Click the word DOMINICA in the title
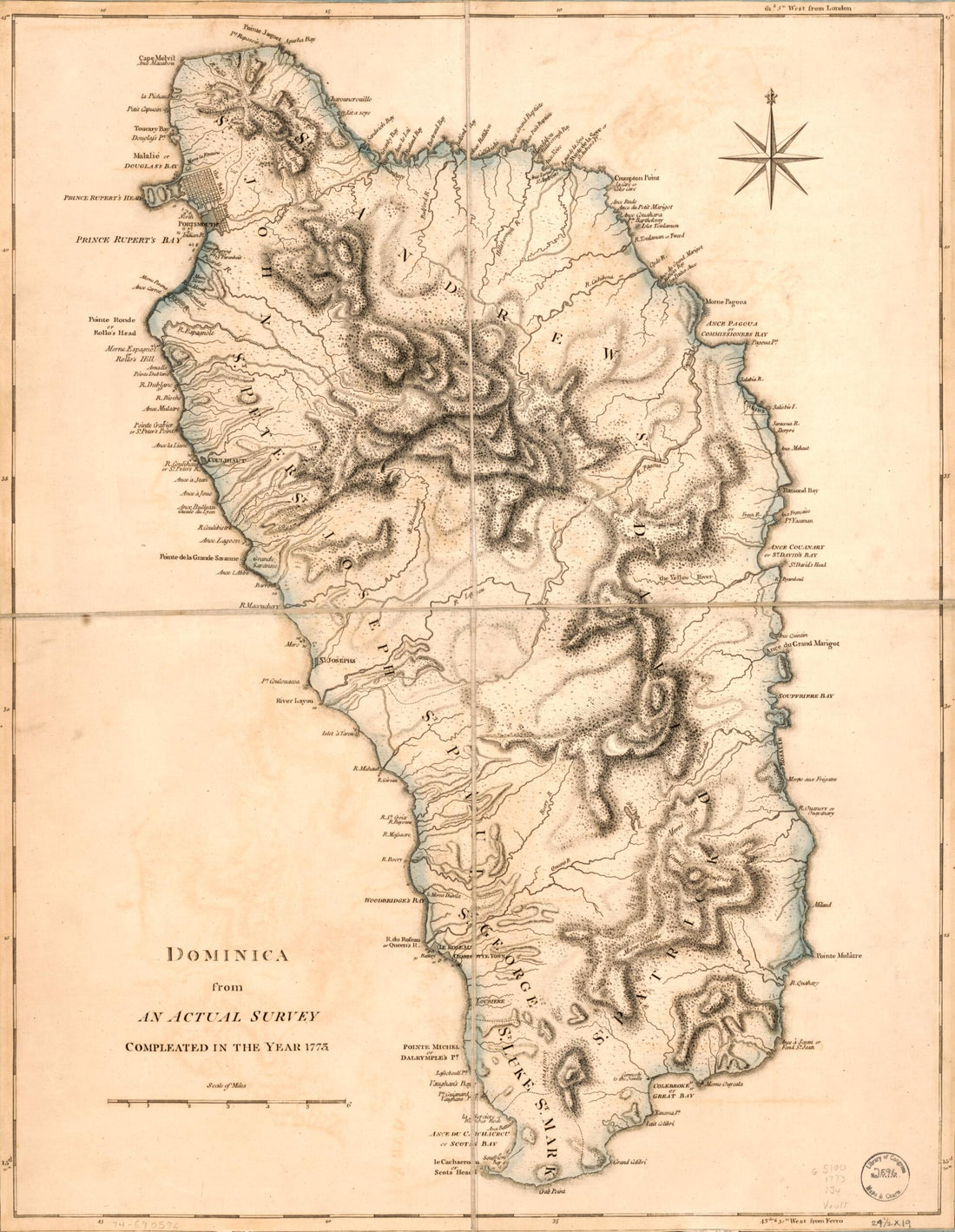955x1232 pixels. (227, 956)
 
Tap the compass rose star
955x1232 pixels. (770, 155)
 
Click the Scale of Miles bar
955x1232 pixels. (227, 1101)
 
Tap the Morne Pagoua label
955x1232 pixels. (725, 301)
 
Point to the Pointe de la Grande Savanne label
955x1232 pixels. (198, 557)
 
